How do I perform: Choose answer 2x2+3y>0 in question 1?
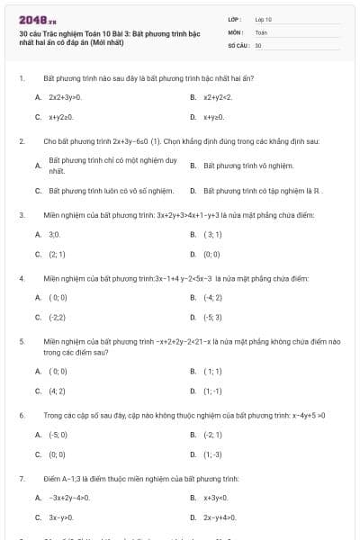pyautogui.click(x=65, y=97)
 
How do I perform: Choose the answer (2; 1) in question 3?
pyautogui.click(x=57, y=254)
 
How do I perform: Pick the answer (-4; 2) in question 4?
pyautogui.click(x=213, y=297)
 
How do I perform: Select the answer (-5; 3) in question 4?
pyautogui.click(x=213, y=317)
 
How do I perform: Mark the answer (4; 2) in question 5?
pyautogui.click(x=57, y=391)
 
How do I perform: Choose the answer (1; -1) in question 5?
pyautogui.click(x=212, y=391)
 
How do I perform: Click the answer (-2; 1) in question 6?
pyautogui.click(x=213, y=435)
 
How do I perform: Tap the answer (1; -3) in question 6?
pyautogui.click(x=213, y=454)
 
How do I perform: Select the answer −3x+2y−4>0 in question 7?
pyautogui.click(x=69, y=498)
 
